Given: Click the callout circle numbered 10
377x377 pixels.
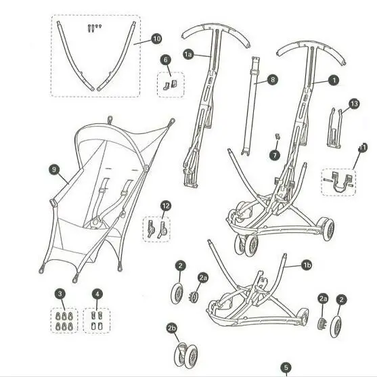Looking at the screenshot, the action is click(156, 39).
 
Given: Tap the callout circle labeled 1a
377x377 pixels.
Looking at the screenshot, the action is click(188, 54).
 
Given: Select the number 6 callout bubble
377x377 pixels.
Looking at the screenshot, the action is click(166, 60).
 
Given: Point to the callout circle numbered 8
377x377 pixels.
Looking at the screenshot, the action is click(272, 80).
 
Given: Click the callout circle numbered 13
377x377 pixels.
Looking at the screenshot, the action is click(354, 104).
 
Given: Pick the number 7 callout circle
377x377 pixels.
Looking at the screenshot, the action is click(275, 155).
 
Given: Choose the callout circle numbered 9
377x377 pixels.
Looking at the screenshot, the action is click(54, 170).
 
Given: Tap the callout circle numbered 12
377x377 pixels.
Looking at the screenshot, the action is click(166, 206).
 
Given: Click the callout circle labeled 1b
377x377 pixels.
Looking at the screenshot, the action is click(307, 265).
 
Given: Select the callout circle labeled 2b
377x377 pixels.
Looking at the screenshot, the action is click(172, 328).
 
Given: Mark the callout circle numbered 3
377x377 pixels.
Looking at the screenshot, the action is click(60, 294).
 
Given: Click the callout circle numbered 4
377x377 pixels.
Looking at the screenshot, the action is click(97, 294).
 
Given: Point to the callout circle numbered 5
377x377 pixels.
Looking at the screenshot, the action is click(286, 368).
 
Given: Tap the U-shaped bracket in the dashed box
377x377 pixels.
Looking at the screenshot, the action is click(340, 183).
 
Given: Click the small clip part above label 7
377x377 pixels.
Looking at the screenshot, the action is click(278, 136).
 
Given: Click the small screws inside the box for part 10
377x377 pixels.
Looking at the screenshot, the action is click(95, 28).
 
